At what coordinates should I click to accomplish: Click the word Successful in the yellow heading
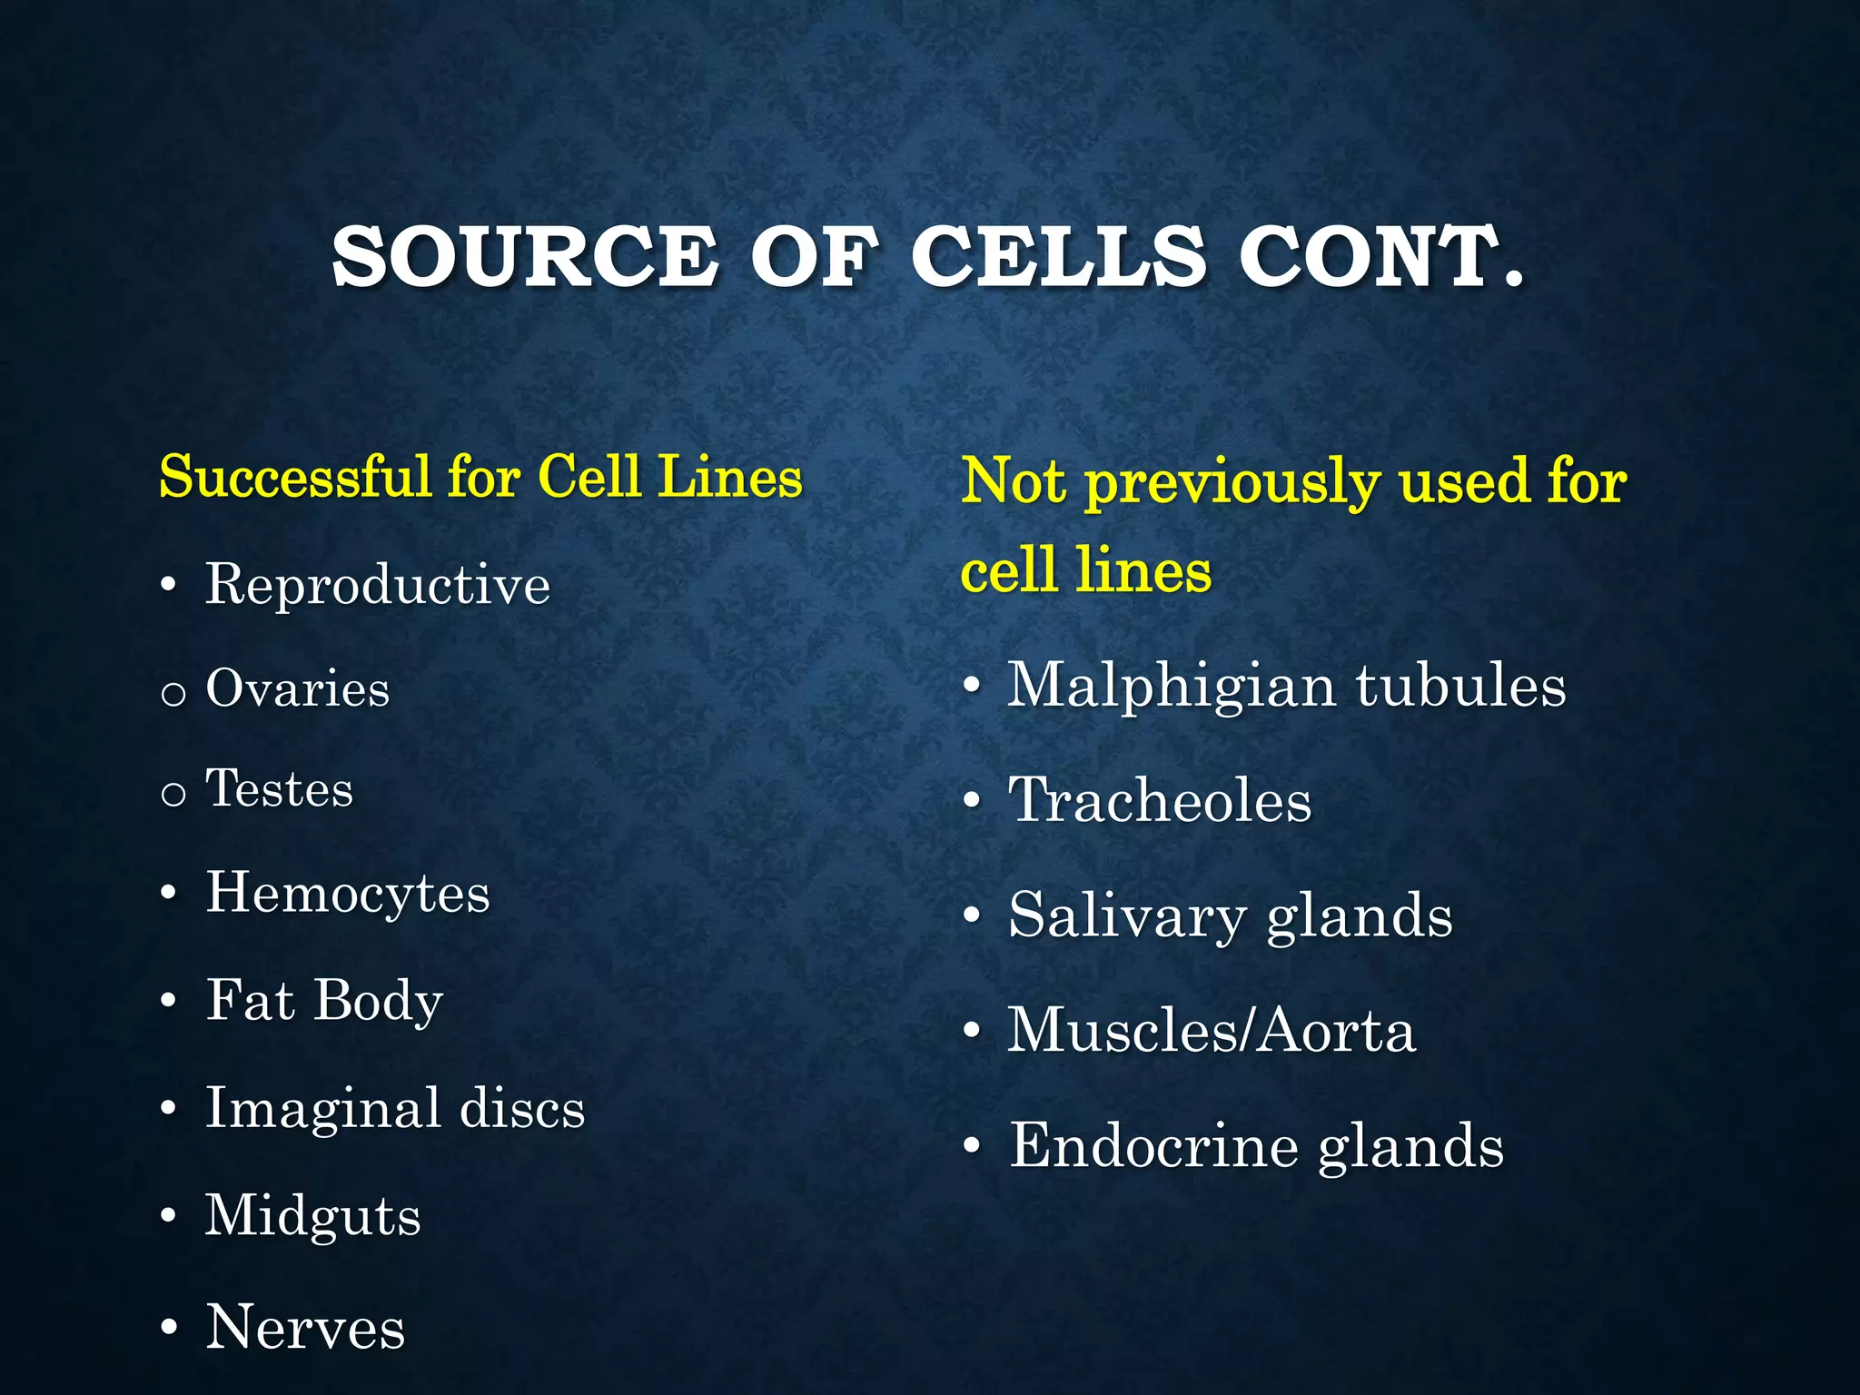pos(295,476)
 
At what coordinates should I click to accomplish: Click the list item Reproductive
pos(377,584)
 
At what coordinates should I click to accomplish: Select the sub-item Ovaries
pos(298,688)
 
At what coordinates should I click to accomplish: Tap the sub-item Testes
pos(280,788)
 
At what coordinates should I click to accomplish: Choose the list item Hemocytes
pos(348,893)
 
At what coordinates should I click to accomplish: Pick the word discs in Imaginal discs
pos(522,1108)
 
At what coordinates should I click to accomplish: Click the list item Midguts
pos(313,1216)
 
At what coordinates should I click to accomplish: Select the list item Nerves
pos(305,1328)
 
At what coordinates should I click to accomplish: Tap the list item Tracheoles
pos(1160,800)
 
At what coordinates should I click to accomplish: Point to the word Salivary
pos(1126,915)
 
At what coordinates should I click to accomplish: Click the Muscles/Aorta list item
pos(1212,1031)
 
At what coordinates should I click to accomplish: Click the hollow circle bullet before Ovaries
pos(173,695)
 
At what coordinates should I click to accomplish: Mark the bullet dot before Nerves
pos(168,1328)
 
